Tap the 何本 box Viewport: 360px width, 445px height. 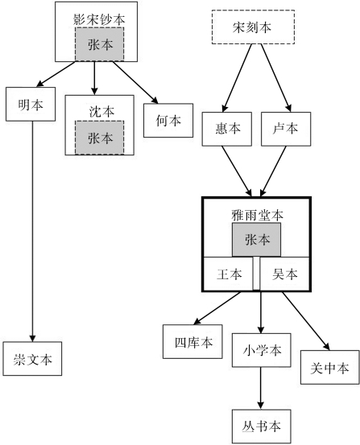pos(168,121)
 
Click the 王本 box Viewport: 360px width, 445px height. pos(229,274)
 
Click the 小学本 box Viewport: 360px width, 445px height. pos(260,349)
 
